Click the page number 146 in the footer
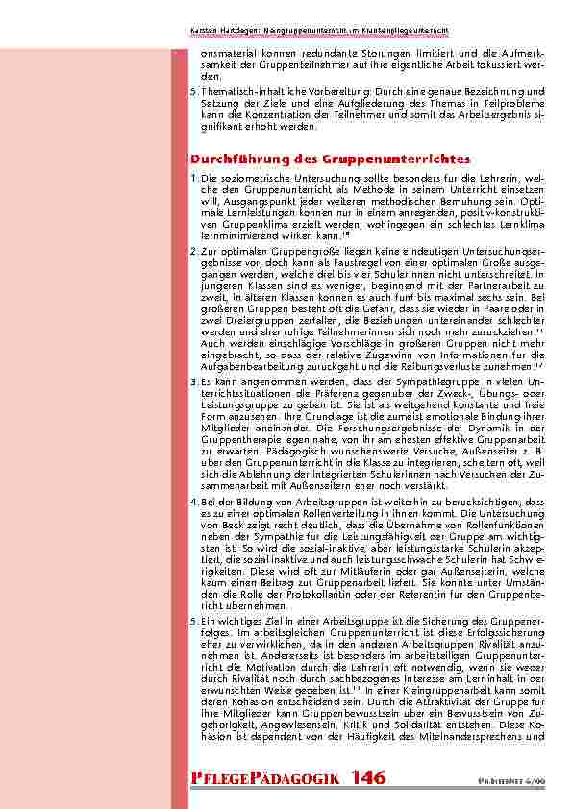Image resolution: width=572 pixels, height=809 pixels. click(370, 776)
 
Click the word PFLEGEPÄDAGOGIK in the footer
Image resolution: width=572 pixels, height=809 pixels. click(264, 776)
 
